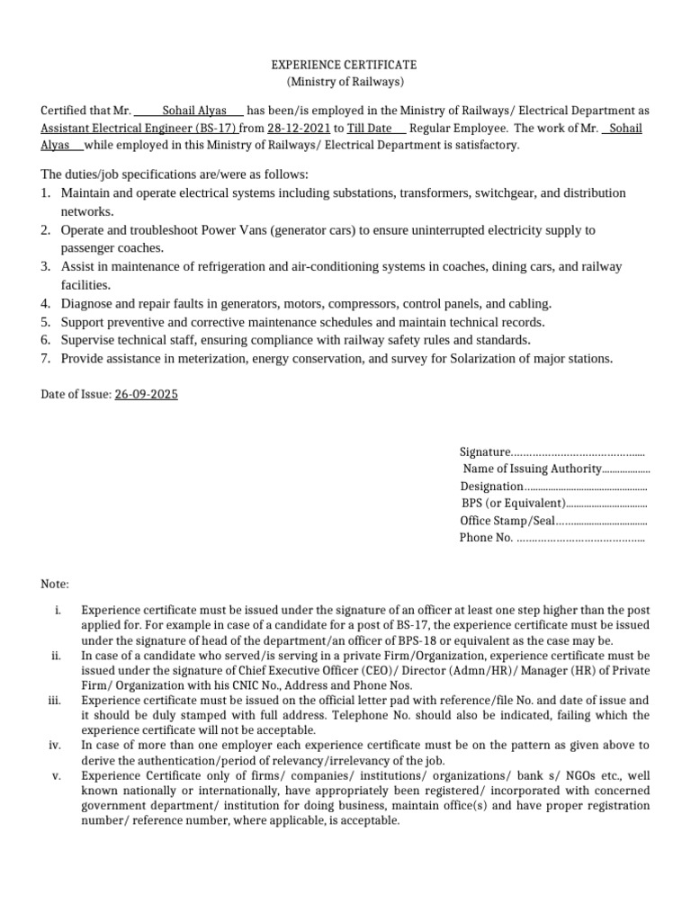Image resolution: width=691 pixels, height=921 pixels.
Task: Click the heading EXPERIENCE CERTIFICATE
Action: point(345,66)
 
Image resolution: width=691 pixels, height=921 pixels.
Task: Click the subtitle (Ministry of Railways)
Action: point(345,83)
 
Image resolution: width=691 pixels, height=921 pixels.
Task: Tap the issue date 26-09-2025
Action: point(146,395)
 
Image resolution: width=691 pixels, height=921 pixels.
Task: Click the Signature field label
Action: point(485,452)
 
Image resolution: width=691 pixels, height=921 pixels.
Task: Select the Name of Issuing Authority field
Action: point(531,469)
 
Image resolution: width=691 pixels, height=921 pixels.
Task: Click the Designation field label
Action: point(491,486)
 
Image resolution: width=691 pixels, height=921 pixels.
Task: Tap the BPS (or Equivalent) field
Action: point(513,503)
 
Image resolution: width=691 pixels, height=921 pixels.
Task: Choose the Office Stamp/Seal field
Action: point(507,521)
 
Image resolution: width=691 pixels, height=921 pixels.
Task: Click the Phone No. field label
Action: point(486,538)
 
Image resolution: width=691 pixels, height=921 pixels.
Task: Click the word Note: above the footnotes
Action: point(55,585)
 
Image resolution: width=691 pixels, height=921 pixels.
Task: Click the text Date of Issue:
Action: point(76,395)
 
